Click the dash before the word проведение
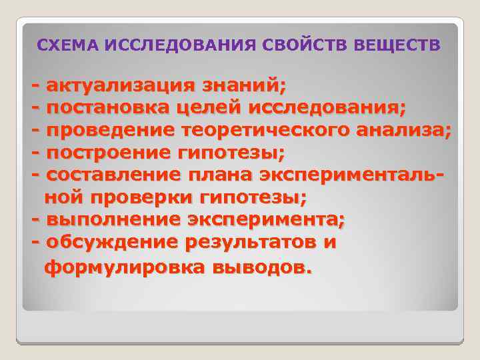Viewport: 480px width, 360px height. tap(35, 130)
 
